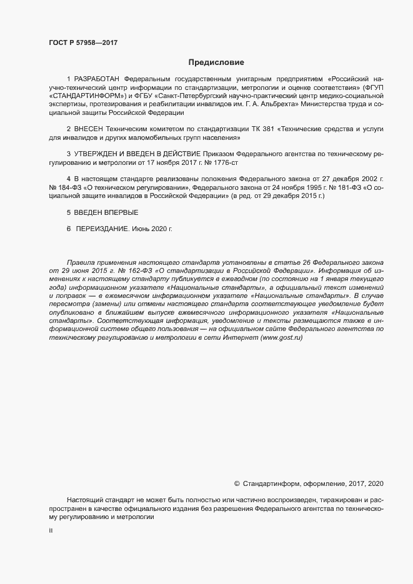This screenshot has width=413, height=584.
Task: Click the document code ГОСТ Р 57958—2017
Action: [x=83, y=42]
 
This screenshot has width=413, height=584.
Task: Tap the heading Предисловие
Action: [x=216, y=62]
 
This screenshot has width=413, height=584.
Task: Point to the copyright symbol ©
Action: [x=237, y=483]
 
